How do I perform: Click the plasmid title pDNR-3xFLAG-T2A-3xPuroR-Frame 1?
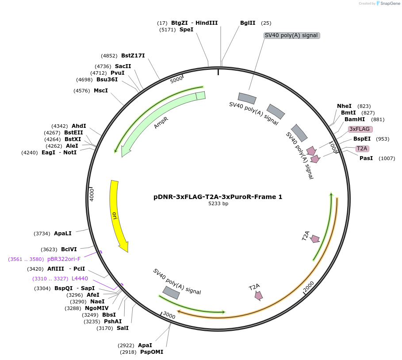click(x=218, y=197)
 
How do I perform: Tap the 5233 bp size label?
click(x=218, y=204)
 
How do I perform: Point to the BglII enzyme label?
click(x=248, y=23)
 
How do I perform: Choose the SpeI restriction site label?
click(x=186, y=30)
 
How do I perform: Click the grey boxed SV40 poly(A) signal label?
click(x=291, y=35)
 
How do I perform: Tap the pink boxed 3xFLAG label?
click(x=360, y=129)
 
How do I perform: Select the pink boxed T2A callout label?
click(x=362, y=149)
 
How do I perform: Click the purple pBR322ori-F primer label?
click(x=64, y=259)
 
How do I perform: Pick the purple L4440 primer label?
click(x=80, y=279)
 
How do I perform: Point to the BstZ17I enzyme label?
click(x=133, y=56)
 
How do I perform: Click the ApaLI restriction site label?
click(x=62, y=233)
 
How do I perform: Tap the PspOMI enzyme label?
click(x=152, y=352)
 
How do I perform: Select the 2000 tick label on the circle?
click(x=308, y=286)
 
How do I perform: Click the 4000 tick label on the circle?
click(x=92, y=195)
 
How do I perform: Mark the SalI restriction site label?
click(x=123, y=328)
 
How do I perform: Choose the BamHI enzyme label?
click(x=355, y=119)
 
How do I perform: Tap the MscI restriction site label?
click(x=101, y=91)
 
